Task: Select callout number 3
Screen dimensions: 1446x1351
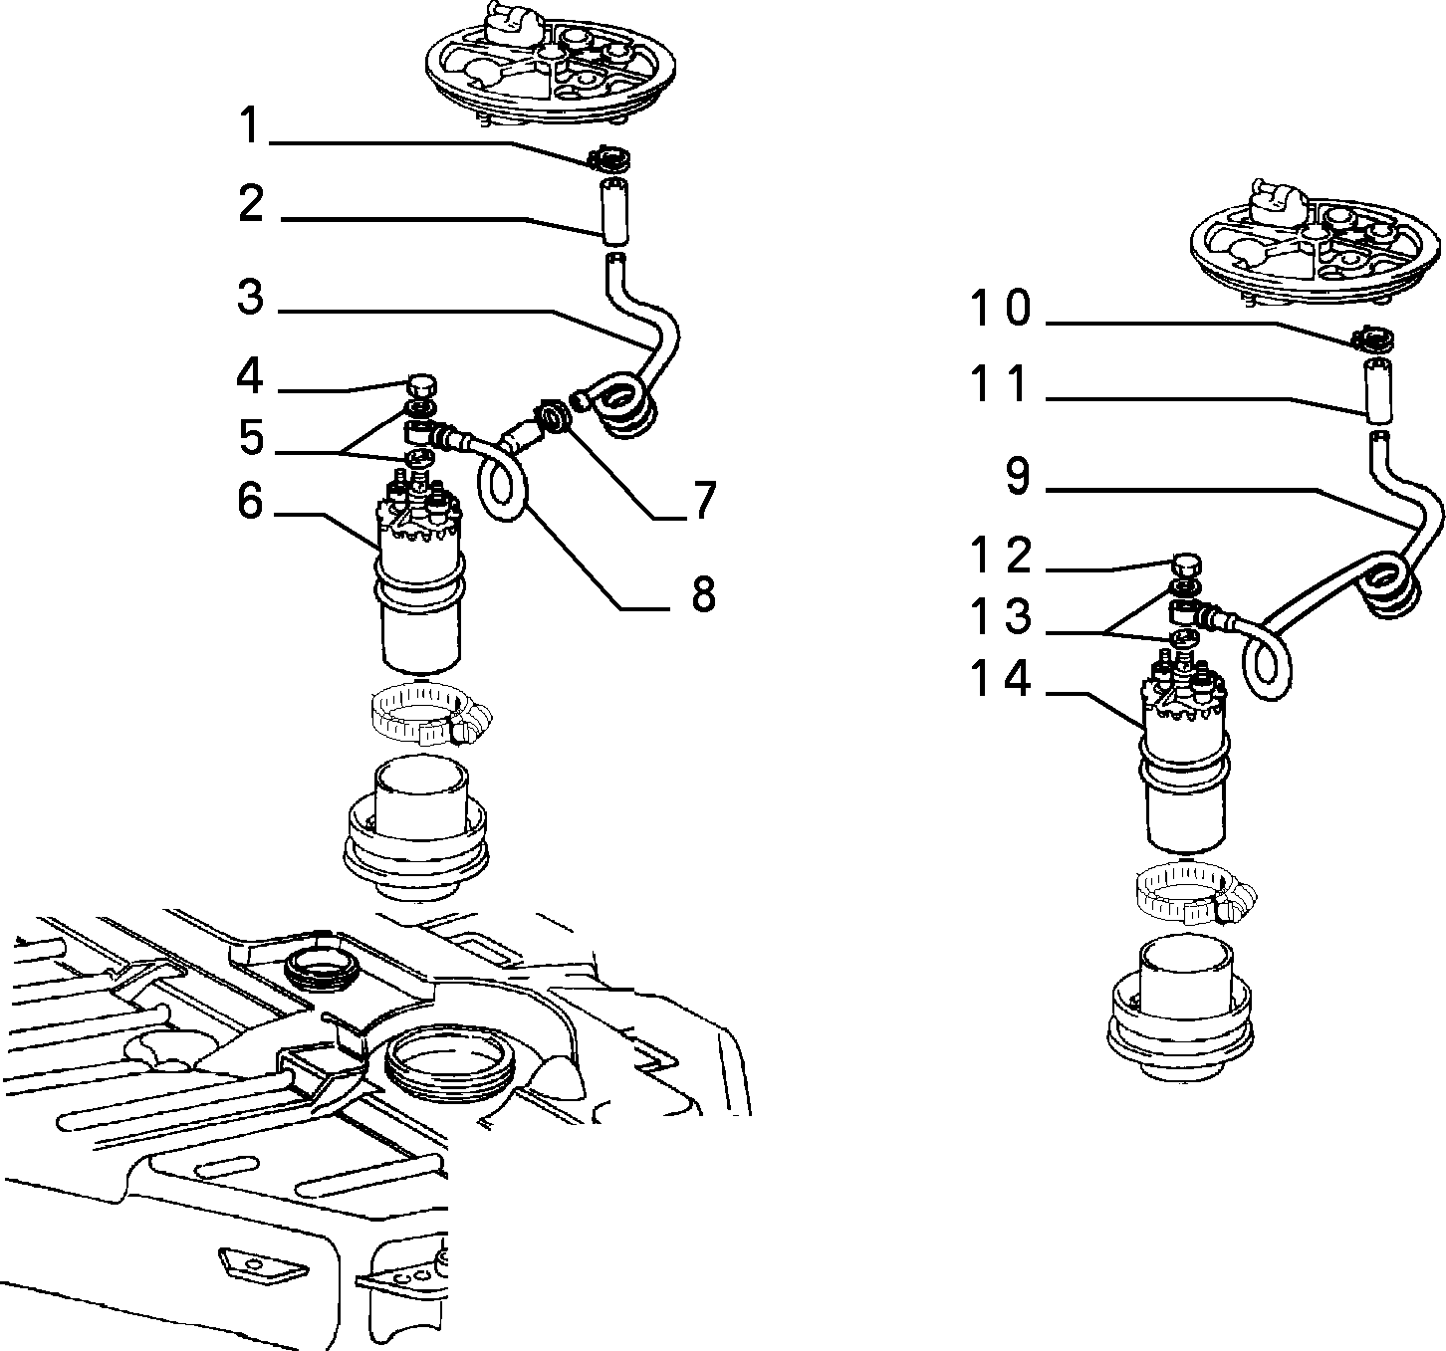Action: click(x=251, y=297)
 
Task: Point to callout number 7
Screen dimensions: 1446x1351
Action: click(x=704, y=500)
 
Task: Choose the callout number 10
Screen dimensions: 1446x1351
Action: click(x=1001, y=307)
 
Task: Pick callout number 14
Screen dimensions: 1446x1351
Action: click(x=1001, y=678)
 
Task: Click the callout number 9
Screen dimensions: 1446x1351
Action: click(x=1017, y=475)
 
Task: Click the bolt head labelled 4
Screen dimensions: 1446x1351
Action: click(x=421, y=383)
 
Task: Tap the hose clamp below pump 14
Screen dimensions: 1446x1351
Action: click(x=1194, y=894)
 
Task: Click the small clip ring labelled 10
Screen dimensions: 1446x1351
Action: click(x=1373, y=339)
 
